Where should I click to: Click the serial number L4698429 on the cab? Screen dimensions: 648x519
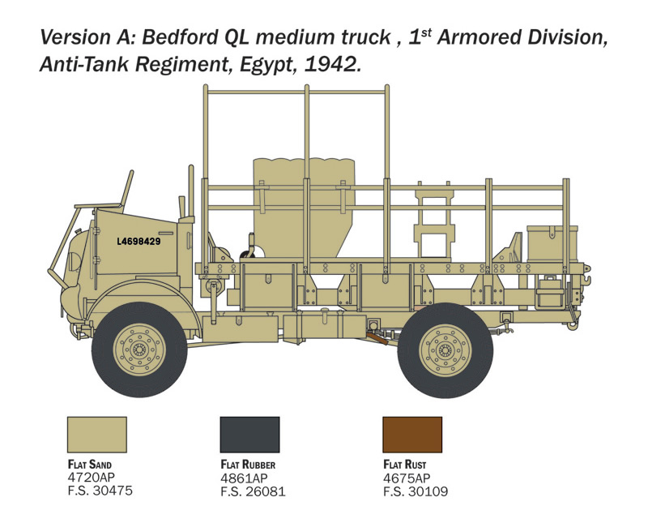point(139,242)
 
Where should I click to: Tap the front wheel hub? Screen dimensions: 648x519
point(139,350)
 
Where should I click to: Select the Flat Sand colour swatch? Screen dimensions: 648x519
point(97,435)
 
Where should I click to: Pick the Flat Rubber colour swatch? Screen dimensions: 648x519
point(250,435)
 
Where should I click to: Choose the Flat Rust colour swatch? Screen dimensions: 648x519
point(412,435)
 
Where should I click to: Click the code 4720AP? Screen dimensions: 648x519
point(92,477)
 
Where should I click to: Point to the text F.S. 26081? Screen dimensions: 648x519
point(253,491)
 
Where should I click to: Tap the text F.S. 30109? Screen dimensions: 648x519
point(416,491)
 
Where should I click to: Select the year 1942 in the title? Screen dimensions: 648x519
point(332,65)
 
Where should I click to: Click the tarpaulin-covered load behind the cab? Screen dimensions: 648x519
point(304,207)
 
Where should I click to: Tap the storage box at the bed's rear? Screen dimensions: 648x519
point(552,243)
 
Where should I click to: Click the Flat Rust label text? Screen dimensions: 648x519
point(404,465)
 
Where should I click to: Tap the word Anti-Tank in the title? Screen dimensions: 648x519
point(84,65)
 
